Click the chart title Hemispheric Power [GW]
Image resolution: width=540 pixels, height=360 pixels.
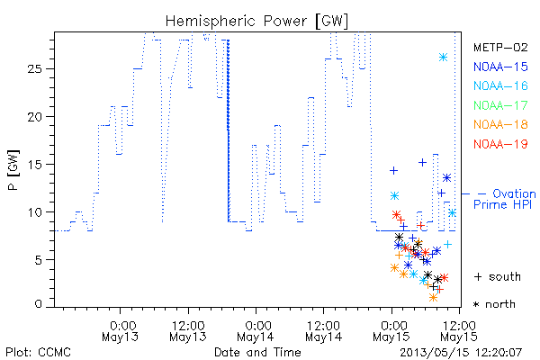pyautogui.click(x=256, y=21)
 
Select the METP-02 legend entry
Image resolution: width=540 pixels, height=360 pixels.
pyautogui.click(x=500, y=47)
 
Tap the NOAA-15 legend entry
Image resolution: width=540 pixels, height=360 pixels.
pyautogui.click(x=500, y=67)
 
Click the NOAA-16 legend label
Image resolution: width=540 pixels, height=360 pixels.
pyautogui.click(x=500, y=85)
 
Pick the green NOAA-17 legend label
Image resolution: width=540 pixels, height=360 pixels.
pyautogui.click(x=500, y=105)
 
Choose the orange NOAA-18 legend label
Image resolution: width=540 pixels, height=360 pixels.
pyautogui.click(x=500, y=124)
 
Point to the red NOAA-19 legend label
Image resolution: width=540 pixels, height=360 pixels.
pyautogui.click(x=500, y=144)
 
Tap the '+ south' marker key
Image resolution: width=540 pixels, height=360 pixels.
pyautogui.click(x=498, y=276)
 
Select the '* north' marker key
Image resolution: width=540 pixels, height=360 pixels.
pyautogui.click(x=494, y=304)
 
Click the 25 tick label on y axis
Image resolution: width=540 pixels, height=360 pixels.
pyautogui.click(x=35, y=69)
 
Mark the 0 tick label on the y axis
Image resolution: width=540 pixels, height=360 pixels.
pyautogui.click(x=38, y=304)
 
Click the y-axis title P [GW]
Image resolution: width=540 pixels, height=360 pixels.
pyautogui.click(x=14, y=170)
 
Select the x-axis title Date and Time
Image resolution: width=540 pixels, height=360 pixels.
pyautogui.click(x=257, y=352)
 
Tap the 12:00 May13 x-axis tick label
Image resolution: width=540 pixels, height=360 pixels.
pyautogui.click(x=188, y=331)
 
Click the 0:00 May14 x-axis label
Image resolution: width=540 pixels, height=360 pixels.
pyautogui.click(x=256, y=331)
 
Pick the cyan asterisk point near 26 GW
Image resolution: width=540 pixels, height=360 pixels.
pyautogui.click(x=443, y=58)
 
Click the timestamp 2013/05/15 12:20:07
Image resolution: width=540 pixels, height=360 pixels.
pyautogui.click(x=461, y=353)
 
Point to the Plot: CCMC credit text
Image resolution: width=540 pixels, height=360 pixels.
pyautogui.click(x=38, y=353)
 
